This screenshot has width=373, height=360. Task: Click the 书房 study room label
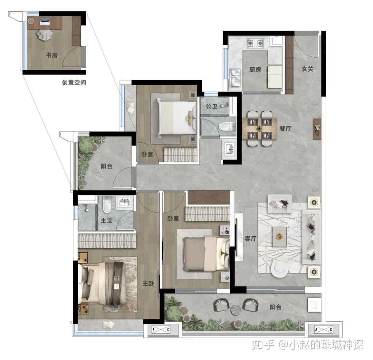click(52, 55)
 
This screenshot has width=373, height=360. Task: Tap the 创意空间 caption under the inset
click(74, 83)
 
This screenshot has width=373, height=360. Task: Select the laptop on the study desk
click(45, 22)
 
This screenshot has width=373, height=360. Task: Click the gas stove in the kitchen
click(255, 43)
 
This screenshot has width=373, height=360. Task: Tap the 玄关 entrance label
click(307, 69)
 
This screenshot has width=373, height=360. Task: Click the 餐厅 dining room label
click(285, 129)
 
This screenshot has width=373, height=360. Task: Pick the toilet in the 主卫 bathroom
click(107, 205)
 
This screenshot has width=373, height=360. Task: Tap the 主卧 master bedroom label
click(148, 283)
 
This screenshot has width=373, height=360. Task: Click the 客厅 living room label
click(250, 238)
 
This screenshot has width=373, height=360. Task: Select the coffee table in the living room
click(280, 237)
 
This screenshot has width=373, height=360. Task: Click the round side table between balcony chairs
click(236, 310)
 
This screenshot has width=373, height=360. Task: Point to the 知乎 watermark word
click(263, 344)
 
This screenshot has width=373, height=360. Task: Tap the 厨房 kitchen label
click(255, 69)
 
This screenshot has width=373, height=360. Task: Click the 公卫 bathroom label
click(211, 106)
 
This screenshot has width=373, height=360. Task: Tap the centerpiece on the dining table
click(259, 129)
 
